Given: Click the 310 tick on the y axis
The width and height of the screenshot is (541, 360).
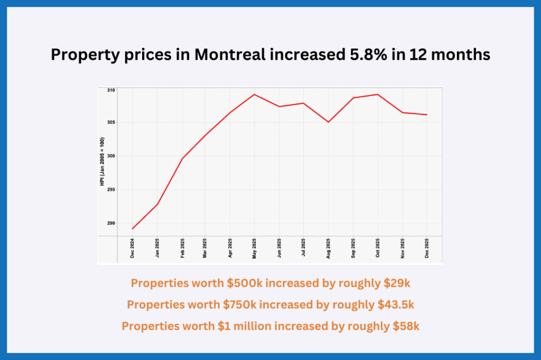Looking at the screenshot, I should point(110,90).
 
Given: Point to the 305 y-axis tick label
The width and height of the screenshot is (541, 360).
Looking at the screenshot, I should point(110,122).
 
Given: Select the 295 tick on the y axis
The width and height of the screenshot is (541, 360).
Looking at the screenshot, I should point(110,190).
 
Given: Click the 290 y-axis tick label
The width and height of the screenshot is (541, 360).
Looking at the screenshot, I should point(110,223).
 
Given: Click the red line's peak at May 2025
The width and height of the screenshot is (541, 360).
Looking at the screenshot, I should point(255,94).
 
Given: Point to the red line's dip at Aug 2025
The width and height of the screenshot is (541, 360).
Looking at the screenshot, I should point(328,122).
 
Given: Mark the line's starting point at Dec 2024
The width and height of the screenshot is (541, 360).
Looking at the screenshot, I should point(133,229).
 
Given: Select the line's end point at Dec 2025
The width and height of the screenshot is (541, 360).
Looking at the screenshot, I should point(427,115).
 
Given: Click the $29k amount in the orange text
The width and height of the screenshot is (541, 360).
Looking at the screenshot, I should point(397,283).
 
